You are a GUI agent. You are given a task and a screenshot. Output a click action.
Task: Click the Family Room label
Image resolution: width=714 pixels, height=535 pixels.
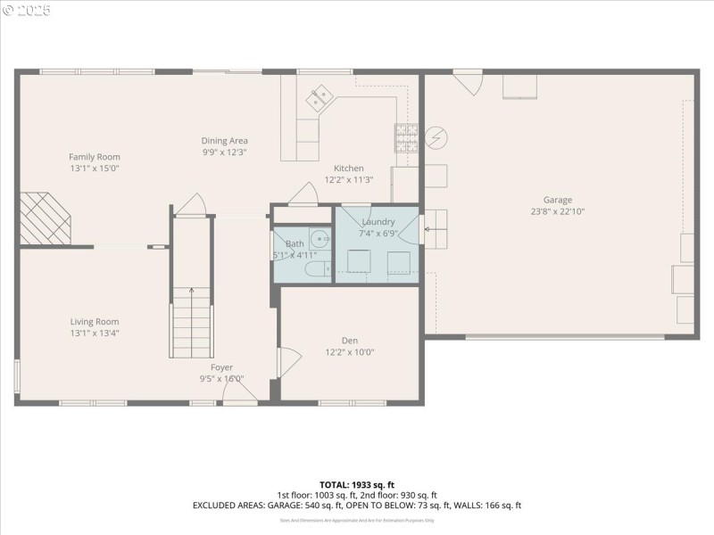click(x=95, y=157)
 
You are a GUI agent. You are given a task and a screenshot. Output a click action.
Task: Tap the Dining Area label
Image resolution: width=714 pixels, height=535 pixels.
click(x=224, y=140)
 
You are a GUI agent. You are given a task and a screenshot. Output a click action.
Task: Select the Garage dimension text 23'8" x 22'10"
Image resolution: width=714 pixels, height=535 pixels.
click(x=558, y=211)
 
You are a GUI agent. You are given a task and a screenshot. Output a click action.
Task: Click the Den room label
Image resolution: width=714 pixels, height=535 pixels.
click(x=349, y=340)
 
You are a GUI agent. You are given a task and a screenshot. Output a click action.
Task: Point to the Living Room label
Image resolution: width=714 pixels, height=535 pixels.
click(x=95, y=322)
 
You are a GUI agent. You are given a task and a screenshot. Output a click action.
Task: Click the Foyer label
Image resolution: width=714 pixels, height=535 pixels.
click(x=221, y=367)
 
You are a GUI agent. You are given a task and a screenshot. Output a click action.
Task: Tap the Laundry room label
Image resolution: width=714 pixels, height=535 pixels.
click(x=378, y=221)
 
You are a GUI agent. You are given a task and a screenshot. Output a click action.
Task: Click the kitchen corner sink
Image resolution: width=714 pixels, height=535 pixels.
click(x=319, y=97)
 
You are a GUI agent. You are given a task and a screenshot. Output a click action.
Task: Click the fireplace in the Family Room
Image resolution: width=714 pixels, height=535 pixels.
click(x=45, y=218)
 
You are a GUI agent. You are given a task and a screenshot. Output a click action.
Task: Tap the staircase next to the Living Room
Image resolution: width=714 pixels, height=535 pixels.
click(x=192, y=321)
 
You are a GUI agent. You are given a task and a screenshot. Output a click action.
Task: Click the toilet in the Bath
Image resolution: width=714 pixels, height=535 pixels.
click(x=315, y=268)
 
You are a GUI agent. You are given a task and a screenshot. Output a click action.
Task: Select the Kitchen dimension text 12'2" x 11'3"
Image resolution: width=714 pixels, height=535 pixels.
click(x=348, y=179)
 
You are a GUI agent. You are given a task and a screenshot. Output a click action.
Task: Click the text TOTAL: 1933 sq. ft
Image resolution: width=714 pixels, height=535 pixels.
click(x=357, y=484)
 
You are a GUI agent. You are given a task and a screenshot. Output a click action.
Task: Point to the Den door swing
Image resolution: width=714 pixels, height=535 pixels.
click(x=289, y=361)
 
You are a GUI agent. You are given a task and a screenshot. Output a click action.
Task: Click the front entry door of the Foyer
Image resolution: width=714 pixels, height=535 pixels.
click(x=241, y=393)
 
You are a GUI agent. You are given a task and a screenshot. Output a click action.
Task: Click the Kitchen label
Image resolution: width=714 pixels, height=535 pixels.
click(x=348, y=168)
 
